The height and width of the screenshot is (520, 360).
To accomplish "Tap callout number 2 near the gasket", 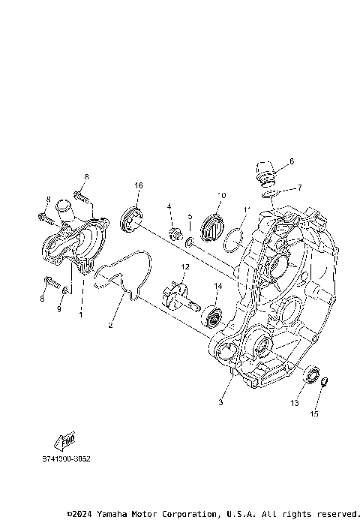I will [110, 326].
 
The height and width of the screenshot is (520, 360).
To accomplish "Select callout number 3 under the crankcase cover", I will [220, 403].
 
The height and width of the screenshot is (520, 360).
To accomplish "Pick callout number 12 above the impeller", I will [184, 267].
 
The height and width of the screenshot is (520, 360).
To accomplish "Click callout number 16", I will [139, 185].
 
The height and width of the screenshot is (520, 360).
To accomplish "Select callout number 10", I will [221, 196].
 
